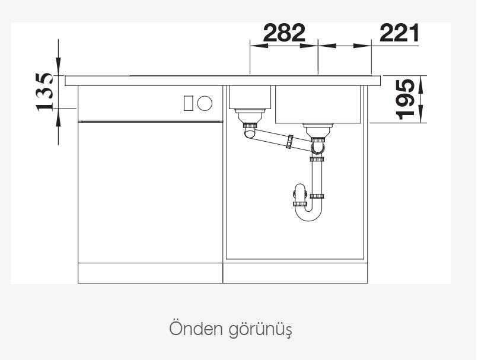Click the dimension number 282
pyautogui.click(x=284, y=33)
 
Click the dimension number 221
pyautogui.click(x=399, y=33)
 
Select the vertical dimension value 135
pyautogui.click(x=44, y=92)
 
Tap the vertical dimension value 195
pyautogui.click(x=405, y=99)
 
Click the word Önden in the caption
pyautogui.click(x=196, y=329)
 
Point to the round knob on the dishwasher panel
pyautogui.click(x=205, y=103)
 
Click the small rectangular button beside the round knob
pyautogui.click(x=189, y=103)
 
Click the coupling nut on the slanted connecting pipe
pyautogui.click(x=289, y=142)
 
